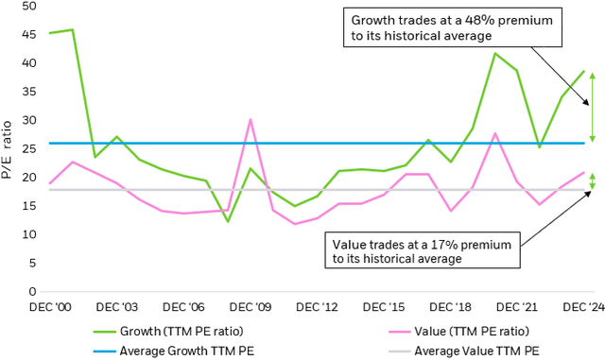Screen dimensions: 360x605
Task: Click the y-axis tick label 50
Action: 30,7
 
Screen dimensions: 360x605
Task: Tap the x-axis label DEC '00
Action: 49,307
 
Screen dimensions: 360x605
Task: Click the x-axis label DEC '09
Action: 250,307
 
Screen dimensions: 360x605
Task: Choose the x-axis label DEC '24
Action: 583,307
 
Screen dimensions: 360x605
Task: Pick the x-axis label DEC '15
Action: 384,307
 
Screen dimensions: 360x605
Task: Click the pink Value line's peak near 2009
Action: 250,120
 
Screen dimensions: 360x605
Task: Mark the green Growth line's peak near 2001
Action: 72,29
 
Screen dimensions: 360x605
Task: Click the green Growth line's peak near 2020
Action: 494,53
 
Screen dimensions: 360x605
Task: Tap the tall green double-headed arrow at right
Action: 593,106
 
